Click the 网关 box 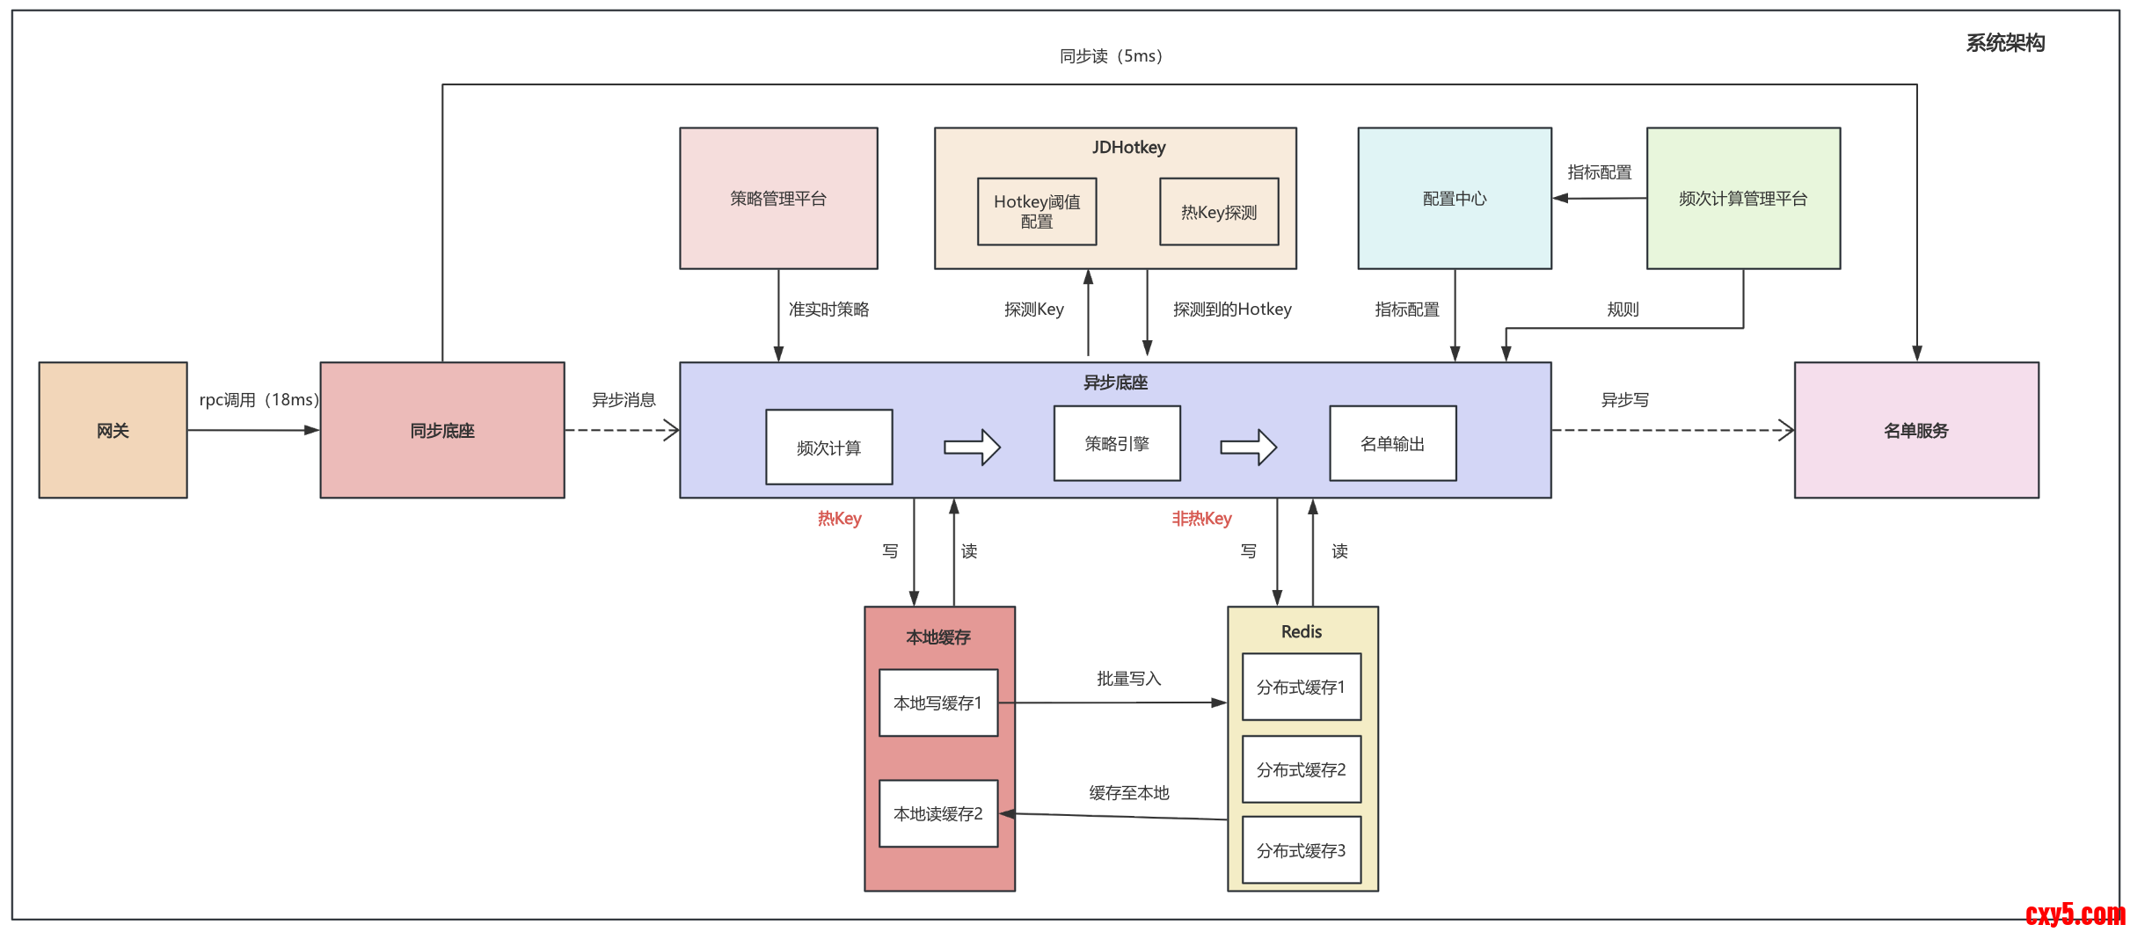(113, 430)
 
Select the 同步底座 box (441, 430)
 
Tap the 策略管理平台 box (778, 199)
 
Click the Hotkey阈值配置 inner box (1037, 212)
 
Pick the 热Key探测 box (1219, 212)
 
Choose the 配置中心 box (1455, 199)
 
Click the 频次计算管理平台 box (1743, 199)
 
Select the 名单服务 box (1916, 430)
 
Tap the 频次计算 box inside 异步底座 (828, 448)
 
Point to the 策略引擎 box (1117, 443)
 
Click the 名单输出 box (1392, 443)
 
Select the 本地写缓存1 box (938, 703)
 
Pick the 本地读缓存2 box (938, 813)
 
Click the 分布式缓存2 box (1302, 769)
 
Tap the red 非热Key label (1201, 518)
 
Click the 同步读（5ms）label (1111, 56)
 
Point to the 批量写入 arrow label (1129, 678)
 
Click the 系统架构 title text (2005, 43)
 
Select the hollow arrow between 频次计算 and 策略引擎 (972, 447)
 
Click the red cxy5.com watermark (2075, 914)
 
